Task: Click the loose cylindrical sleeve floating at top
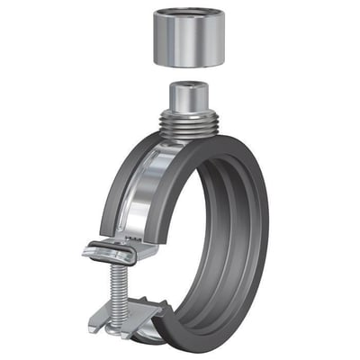click(x=190, y=40)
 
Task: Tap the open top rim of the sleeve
click(x=190, y=15)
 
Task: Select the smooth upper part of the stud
click(x=190, y=99)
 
